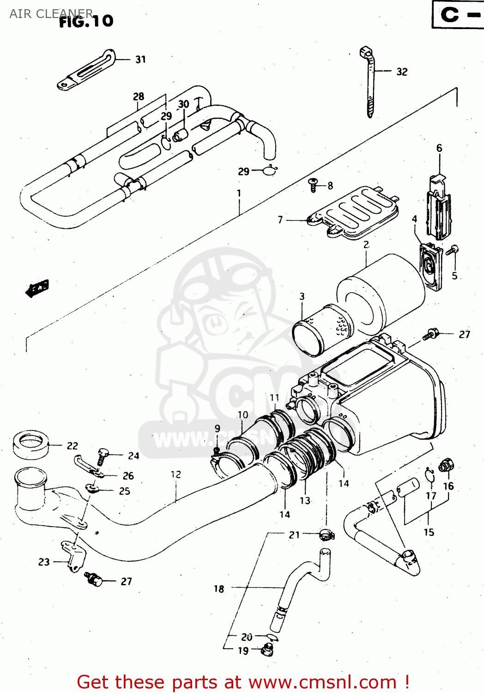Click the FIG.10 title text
click(86, 21)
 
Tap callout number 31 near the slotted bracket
click(140, 60)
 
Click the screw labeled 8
click(313, 185)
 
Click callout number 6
click(439, 148)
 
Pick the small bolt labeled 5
click(454, 250)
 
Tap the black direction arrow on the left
click(37, 288)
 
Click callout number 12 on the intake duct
click(175, 474)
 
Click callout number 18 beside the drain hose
click(218, 589)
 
